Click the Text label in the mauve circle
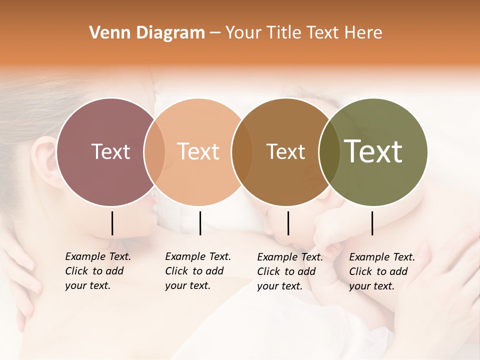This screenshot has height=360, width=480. (x=110, y=151)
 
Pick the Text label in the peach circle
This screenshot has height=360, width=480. (x=198, y=151)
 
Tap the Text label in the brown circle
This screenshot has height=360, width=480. (x=285, y=151)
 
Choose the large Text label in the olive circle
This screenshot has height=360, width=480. (x=373, y=151)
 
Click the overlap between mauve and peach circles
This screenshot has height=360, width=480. (x=154, y=152)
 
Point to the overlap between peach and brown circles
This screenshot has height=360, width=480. (x=241, y=152)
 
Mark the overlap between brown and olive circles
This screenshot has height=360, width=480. (x=329, y=152)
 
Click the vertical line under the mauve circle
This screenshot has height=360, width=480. (x=112, y=223)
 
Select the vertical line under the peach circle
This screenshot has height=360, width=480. (x=200, y=223)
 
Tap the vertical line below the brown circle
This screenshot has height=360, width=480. (x=288, y=223)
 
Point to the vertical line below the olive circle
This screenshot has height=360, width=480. (x=372, y=223)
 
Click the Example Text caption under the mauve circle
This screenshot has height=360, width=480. (x=98, y=271)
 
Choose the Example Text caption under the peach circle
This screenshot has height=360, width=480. (x=198, y=271)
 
